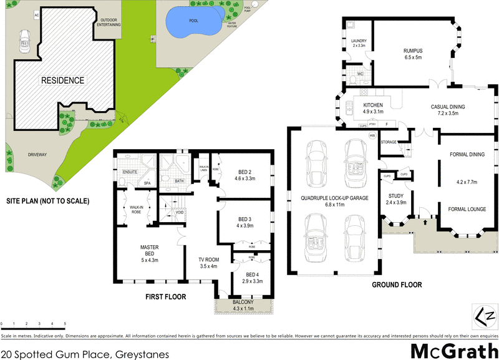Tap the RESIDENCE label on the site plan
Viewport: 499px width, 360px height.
(62, 80)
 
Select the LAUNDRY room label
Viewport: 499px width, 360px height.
(359, 43)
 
